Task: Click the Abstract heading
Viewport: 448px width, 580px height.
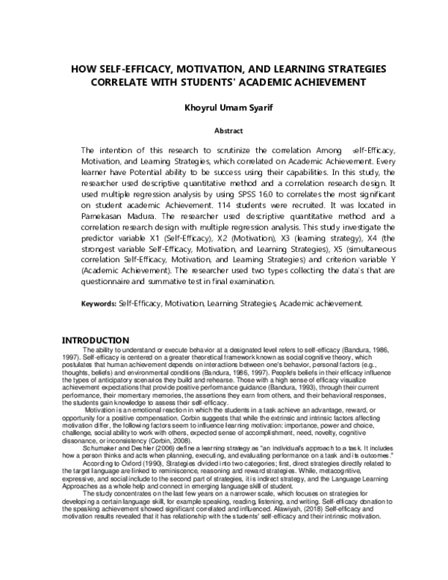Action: click(228, 130)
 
